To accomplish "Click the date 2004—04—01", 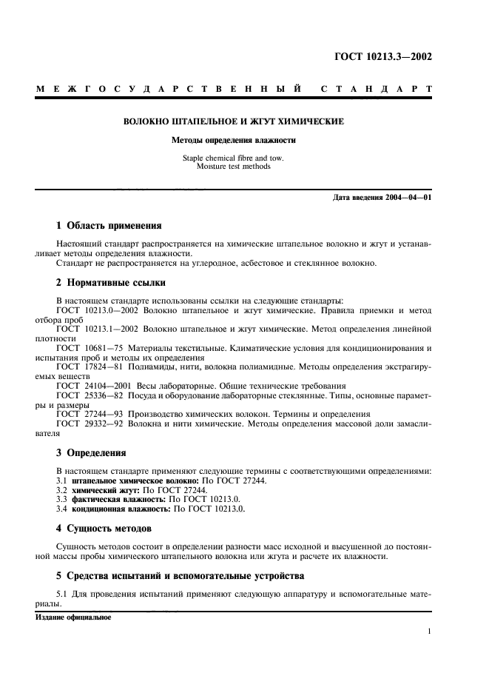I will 407,198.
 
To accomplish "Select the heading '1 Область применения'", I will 109,225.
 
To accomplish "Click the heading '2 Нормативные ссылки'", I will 111,282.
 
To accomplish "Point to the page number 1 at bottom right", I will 429,631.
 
